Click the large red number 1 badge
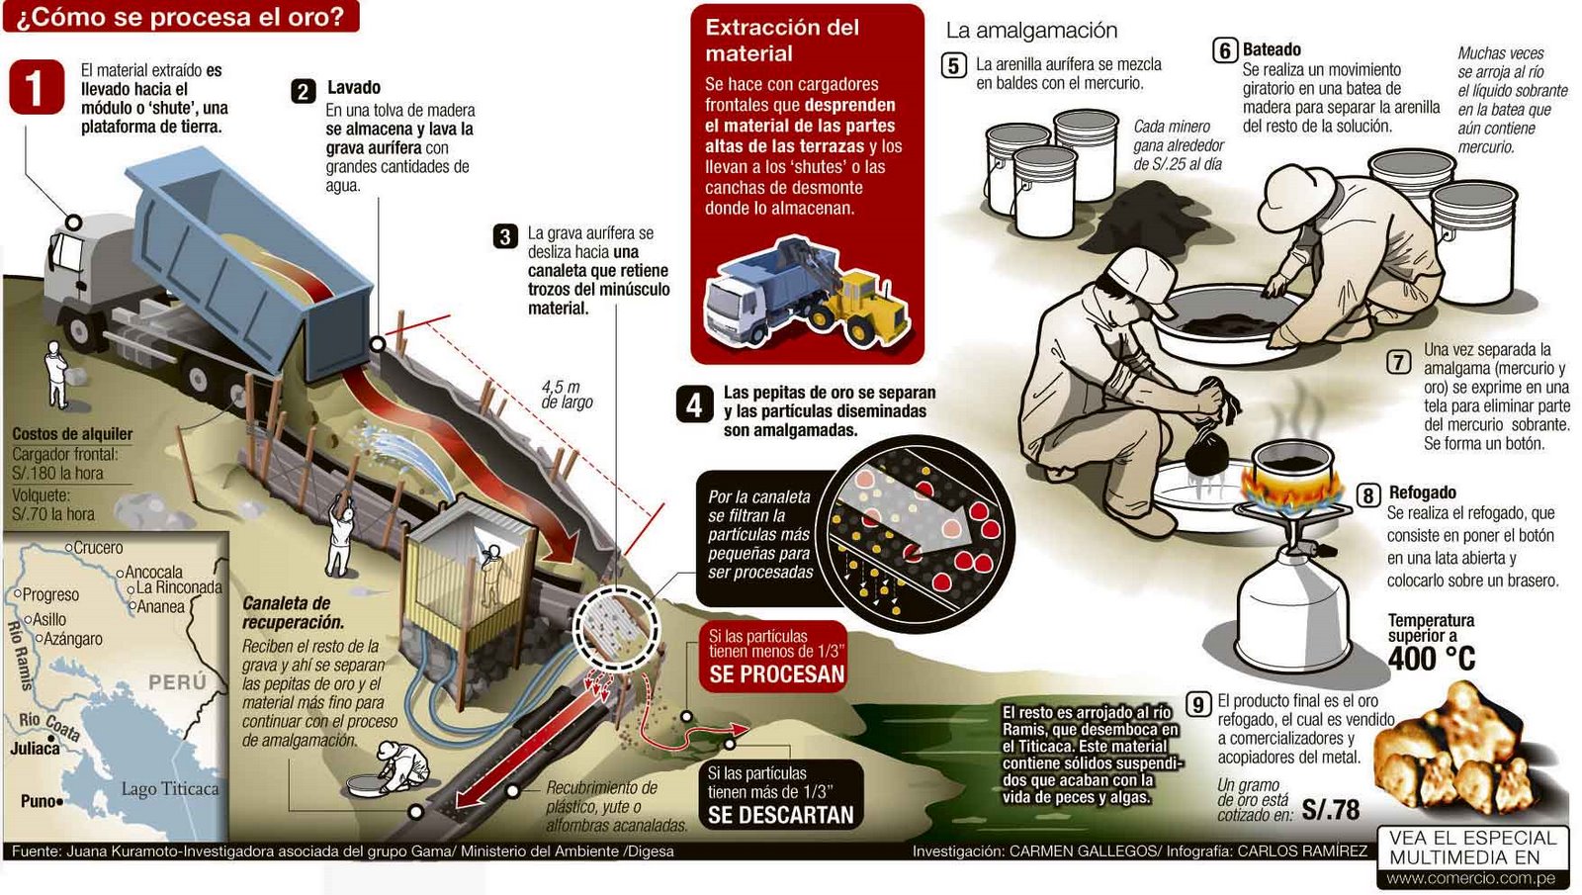click(36, 87)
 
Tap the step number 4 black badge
click(694, 404)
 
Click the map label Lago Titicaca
click(169, 788)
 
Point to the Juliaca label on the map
click(35, 749)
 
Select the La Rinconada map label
click(179, 587)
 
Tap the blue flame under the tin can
click(1291, 489)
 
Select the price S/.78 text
click(1330, 810)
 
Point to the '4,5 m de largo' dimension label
click(566, 395)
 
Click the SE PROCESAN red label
click(776, 674)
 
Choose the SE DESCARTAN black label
click(780, 815)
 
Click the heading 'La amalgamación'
click(1030, 31)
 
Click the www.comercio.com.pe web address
click(1470, 878)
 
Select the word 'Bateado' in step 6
click(1272, 49)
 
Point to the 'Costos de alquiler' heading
click(71, 434)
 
